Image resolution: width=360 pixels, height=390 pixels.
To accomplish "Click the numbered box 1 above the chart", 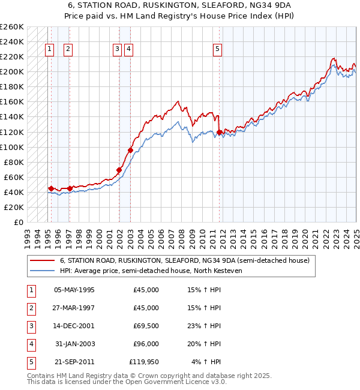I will pyautogui.click(x=49, y=50).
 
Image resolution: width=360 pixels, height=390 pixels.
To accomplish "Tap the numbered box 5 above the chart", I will pyautogui.click(x=217, y=50).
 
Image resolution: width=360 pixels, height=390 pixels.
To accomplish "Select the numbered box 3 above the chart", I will pyautogui.click(x=117, y=50).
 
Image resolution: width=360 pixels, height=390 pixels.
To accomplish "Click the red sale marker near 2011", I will pyautogui.click(x=220, y=132).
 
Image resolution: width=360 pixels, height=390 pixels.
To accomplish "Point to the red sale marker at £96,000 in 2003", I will pyautogui.click(x=130, y=150).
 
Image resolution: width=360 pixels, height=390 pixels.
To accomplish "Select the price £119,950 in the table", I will pyautogui.click(x=144, y=362).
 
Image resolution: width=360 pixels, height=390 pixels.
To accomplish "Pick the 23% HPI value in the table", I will pyautogui.click(x=205, y=326).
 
